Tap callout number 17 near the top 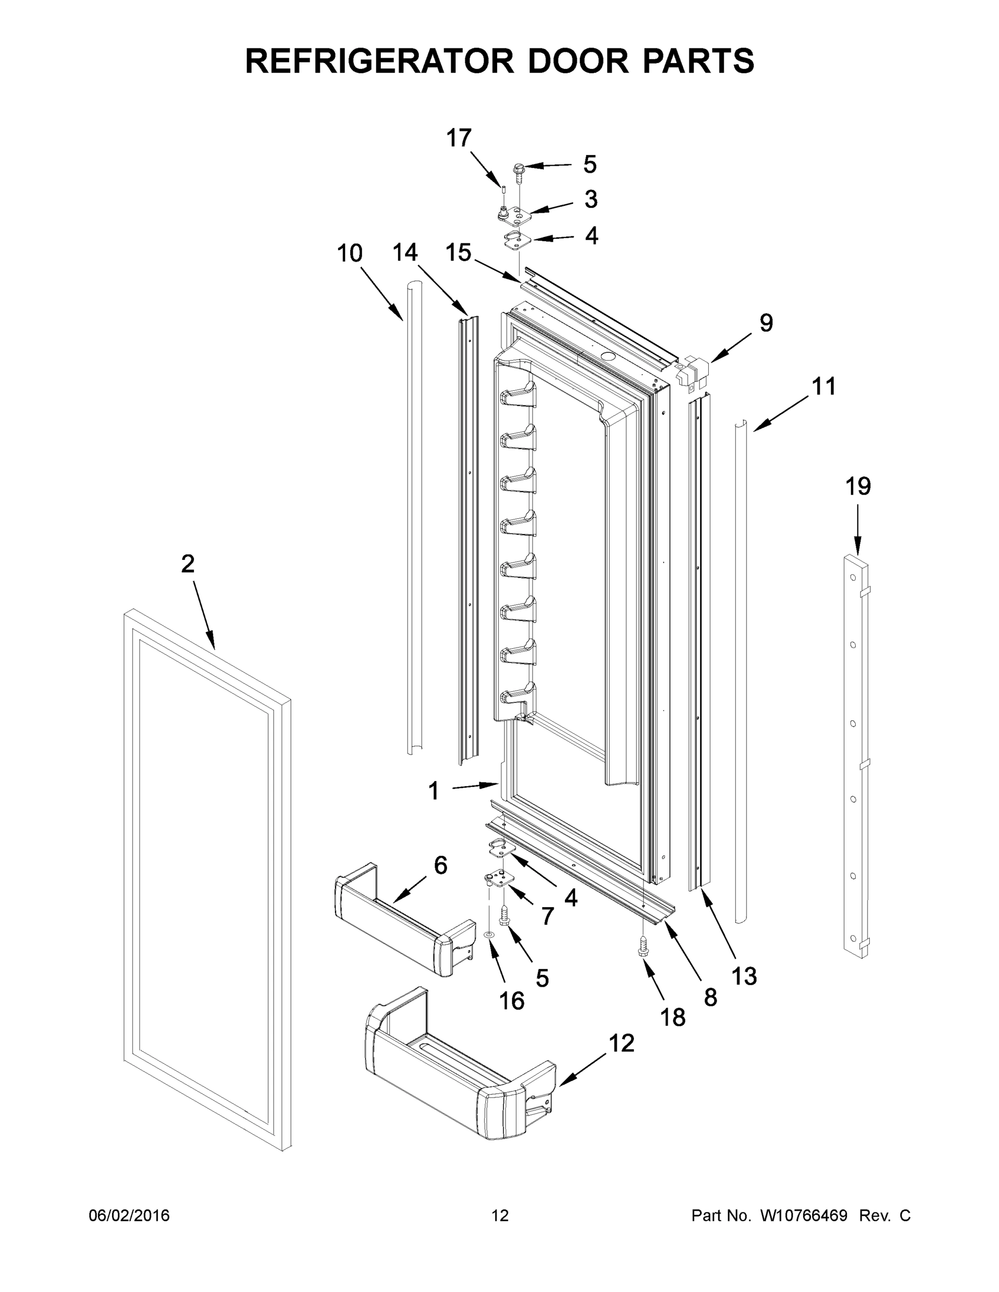tap(459, 138)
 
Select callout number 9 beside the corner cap tap(766, 323)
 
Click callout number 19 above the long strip tap(857, 486)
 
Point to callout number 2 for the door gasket tap(187, 564)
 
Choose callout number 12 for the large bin tap(621, 1043)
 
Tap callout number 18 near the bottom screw tap(673, 1017)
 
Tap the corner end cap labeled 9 tap(690, 371)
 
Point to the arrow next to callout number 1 tap(475, 785)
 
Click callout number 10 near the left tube tap(349, 253)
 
